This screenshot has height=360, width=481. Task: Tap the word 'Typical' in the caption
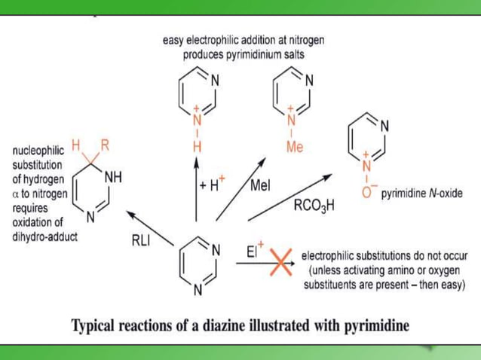tap(96, 327)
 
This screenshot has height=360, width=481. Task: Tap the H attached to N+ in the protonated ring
tap(197, 147)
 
